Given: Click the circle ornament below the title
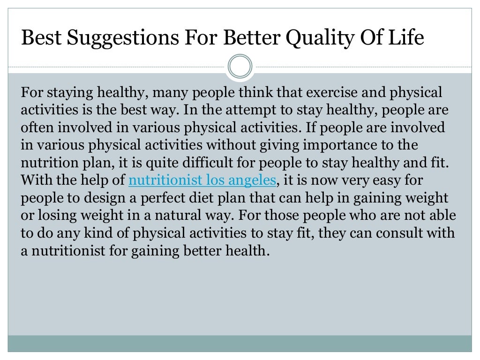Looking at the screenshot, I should coord(240,67).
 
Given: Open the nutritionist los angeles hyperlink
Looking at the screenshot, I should coord(202,180).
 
